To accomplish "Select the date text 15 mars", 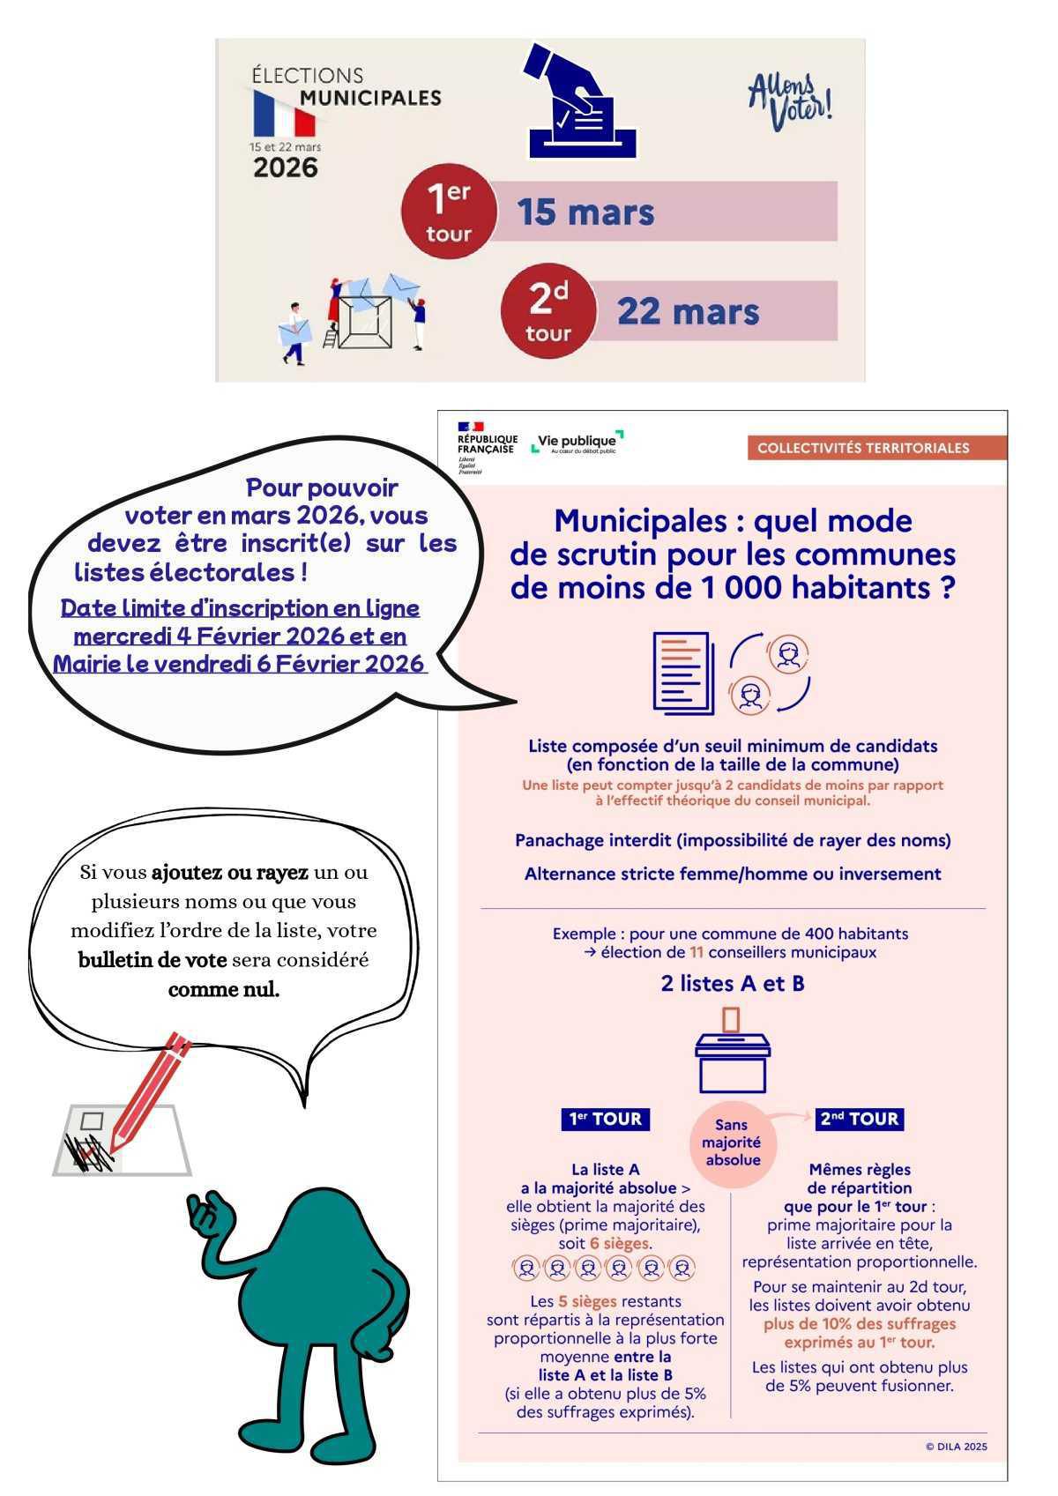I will (x=585, y=212).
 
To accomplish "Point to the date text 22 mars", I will (x=688, y=311).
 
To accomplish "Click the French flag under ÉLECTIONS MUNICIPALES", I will (x=284, y=113).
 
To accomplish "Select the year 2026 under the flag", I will (x=285, y=167).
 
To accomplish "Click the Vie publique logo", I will (x=577, y=443).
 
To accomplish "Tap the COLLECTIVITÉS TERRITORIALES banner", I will (x=863, y=448).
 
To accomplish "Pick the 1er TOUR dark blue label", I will (x=605, y=1120).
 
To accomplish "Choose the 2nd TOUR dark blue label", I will (x=860, y=1120).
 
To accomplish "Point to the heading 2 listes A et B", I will (x=733, y=984).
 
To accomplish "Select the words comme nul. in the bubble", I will (x=224, y=989).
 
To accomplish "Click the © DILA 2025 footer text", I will (x=957, y=1447).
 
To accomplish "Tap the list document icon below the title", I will (x=683, y=673).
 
